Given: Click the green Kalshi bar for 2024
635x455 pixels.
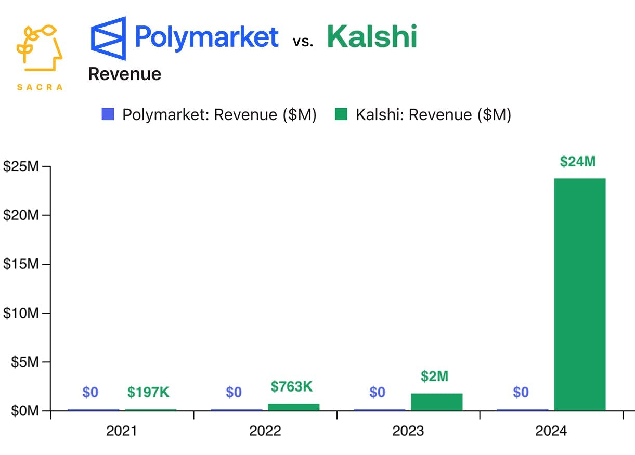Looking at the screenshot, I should click(579, 294).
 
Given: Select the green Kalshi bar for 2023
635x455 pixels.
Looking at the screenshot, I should click(436, 402).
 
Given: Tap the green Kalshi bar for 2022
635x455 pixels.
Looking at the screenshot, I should click(293, 407).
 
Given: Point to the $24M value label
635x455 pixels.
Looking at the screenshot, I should click(578, 162).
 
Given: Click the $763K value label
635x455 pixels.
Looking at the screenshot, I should click(292, 386).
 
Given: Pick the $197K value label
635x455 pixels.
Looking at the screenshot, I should click(148, 393).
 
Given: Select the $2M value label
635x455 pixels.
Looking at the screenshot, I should click(435, 376).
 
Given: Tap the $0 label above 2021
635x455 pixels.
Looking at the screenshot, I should click(90, 393).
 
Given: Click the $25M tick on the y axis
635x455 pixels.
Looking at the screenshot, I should click(21, 166).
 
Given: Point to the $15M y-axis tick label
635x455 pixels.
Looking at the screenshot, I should click(21, 264).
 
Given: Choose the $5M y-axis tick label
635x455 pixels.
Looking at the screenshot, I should click(24, 362).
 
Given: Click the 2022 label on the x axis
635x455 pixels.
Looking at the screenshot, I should click(265, 431).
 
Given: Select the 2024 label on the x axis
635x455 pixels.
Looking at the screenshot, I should click(551, 431).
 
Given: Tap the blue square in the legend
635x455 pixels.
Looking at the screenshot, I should click(108, 114).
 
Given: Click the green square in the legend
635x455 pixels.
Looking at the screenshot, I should click(341, 114).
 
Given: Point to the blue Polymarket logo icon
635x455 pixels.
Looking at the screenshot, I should click(108, 38).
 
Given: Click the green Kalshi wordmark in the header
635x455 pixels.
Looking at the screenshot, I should click(372, 37).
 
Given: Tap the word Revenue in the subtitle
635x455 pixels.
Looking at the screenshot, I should click(124, 74).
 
